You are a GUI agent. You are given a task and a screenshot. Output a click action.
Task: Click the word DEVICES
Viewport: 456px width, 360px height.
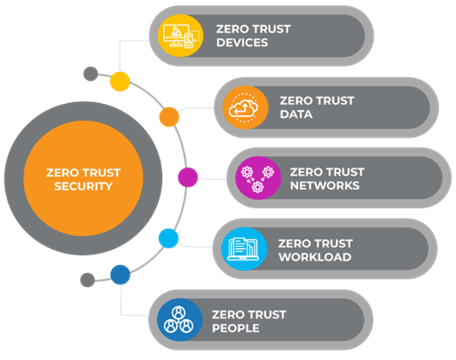pos(241,43)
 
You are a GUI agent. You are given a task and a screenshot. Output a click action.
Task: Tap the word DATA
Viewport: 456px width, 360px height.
pos(296,115)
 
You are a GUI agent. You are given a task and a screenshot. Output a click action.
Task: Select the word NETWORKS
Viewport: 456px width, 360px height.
pos(321,185)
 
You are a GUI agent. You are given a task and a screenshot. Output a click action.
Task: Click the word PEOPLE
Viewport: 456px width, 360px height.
pos(235,328)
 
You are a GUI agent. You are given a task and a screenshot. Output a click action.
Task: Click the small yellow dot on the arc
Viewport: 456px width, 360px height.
pos(120,81)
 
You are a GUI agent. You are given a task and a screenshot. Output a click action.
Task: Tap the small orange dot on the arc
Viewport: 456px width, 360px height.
pos(169,116)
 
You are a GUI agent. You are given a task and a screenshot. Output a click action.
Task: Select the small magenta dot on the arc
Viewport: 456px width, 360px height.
pos(188,178)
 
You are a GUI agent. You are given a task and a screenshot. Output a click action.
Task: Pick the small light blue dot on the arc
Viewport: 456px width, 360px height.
pos(169,239)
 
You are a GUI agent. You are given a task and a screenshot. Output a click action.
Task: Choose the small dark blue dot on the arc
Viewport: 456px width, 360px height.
pos(120,276)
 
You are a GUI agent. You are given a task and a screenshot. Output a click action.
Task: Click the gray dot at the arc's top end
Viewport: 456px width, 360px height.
pos(90,73)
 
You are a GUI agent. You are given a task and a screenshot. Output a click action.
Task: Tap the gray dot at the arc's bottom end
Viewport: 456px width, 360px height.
pos(87,280)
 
